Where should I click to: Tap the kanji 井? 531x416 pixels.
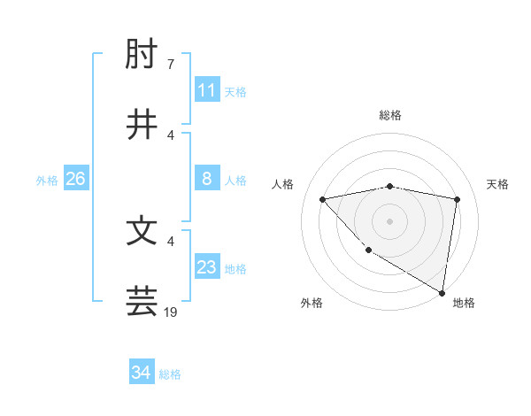[x=142, y=125]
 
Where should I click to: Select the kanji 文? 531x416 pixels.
[x=142, y=231]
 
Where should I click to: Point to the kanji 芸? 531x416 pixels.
[x=142, y=301]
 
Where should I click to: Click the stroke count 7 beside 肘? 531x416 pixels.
[x=171, y=65]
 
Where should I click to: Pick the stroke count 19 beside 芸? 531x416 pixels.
[x=171, y=312]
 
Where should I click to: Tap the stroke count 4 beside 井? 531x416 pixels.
[x=171, y=135]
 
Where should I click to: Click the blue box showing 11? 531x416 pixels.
[x=207, y=90]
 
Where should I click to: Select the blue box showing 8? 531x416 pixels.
[x=207, y=179]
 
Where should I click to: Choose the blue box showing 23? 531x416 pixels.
[x=207, y=267]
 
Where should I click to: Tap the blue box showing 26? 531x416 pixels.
[x=75, y=179]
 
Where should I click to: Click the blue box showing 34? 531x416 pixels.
[x=142, y=373]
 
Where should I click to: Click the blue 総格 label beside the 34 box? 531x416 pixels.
[x=170, y=374]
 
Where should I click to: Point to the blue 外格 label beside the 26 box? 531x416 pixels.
[x=47, y=181]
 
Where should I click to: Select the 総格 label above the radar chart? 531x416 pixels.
[x=390, y=115]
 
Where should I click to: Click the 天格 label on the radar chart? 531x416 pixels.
[x=498, y=184]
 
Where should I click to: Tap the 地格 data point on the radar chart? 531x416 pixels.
[x=442, y=293]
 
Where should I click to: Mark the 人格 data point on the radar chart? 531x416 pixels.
[x=323, y=199]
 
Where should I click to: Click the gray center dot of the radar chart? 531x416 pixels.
[x=390, y=220]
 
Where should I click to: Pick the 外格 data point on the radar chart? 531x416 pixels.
[x=368, y=250]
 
